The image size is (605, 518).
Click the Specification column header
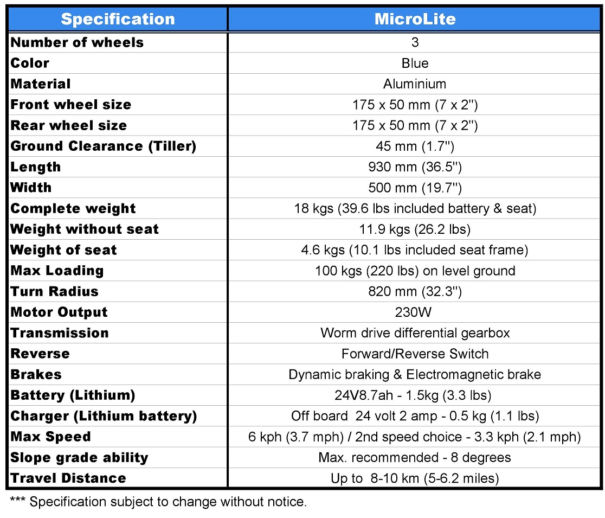coord(118,20)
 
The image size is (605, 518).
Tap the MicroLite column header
coord(415,20)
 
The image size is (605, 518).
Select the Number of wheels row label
coord(77,43)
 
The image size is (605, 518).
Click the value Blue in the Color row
coord(415,63)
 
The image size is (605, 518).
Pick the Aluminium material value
coord(415,84)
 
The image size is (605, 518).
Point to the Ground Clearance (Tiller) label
coord(103,146)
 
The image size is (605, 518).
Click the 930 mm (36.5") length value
coord(415,167)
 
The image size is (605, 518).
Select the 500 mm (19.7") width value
coord(415,188)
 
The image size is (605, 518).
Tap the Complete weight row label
coord(73,209)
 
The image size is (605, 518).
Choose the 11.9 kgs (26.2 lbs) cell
coord(415,229)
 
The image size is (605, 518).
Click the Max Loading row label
coord(57,271)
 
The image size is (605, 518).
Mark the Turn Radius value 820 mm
coord(415,291)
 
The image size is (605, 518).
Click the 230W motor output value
coord(415,312)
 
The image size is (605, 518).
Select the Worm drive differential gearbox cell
coord(415,333)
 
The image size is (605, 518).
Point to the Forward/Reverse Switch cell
coord(415,354)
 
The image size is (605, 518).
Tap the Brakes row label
coord(36,375)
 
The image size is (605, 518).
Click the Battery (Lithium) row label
coord(73,395)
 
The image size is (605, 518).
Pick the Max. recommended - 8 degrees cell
coord(415,457)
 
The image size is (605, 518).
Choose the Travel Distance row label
coord(68,478)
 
